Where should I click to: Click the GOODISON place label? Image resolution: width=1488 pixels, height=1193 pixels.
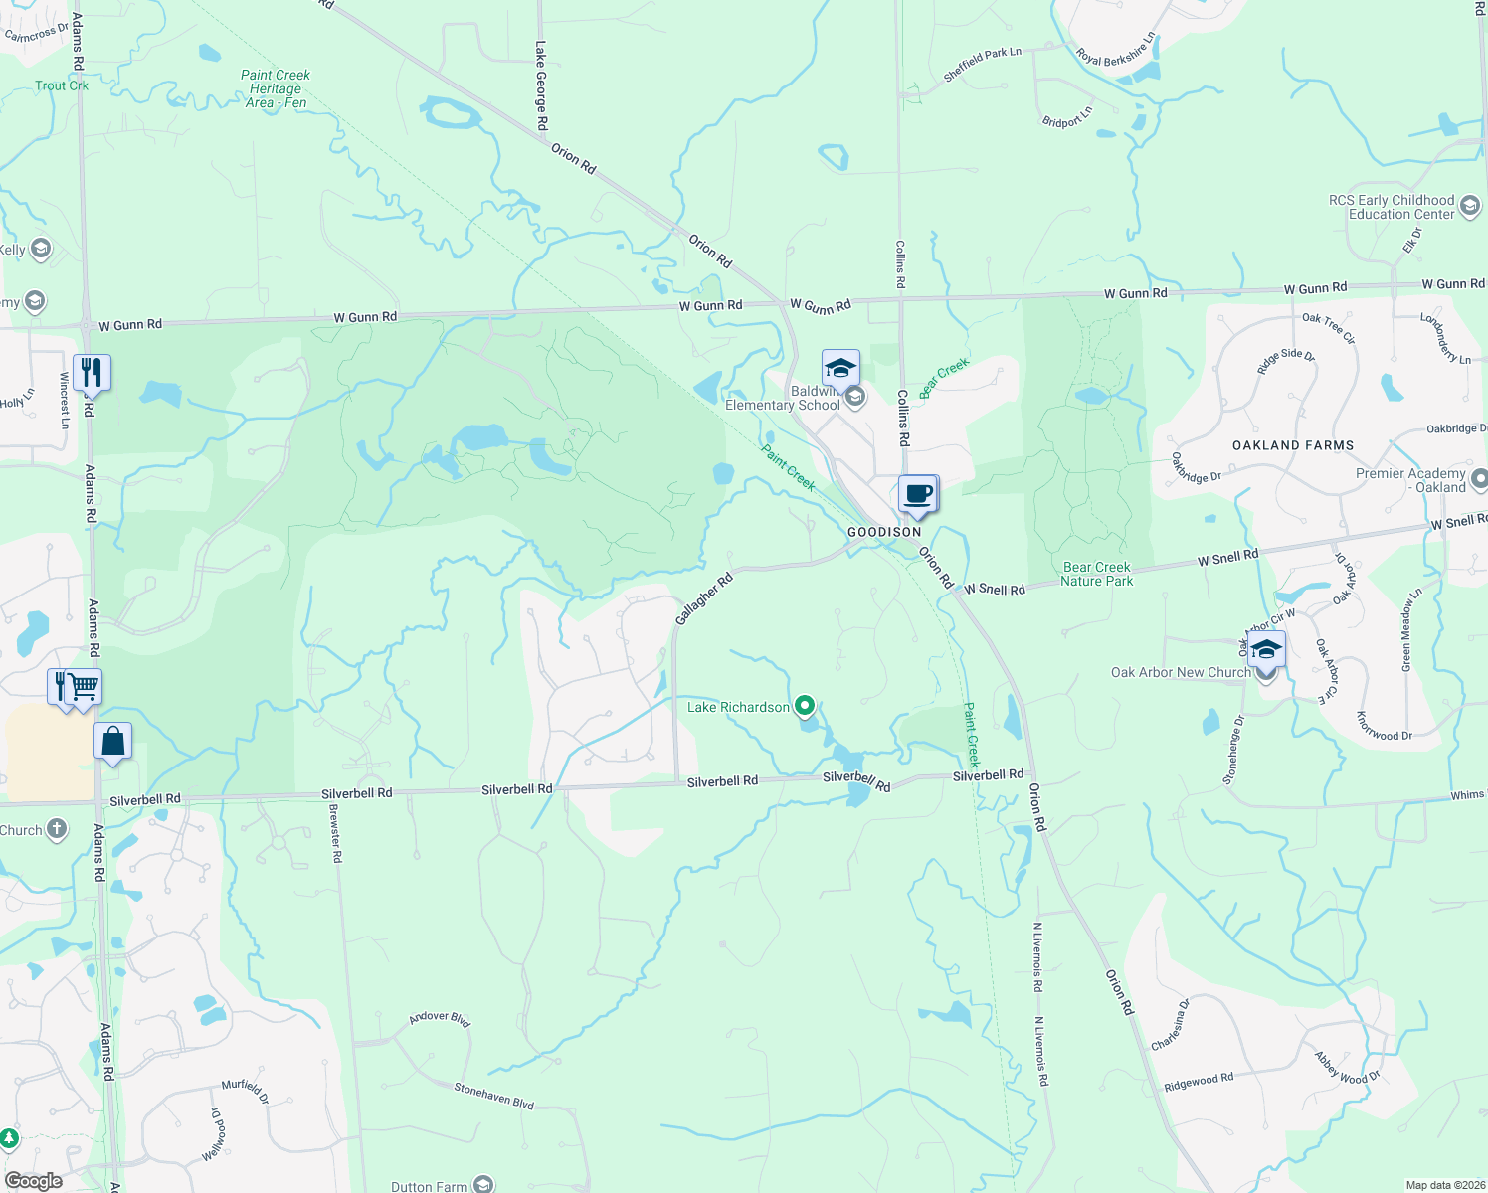click(884, 532)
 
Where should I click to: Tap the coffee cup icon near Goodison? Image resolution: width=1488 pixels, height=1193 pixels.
click(918, 494)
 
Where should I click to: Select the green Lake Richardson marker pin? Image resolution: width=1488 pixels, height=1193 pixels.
click(806, 707)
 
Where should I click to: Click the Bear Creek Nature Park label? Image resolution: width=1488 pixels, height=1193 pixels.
click(1097, 575)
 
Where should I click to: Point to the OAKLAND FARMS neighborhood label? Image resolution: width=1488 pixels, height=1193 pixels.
click(1293, 445)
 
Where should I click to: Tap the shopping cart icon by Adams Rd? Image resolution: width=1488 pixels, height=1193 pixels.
click(85, 686)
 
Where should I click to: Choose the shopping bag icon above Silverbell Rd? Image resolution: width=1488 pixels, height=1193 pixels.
click(113, 742)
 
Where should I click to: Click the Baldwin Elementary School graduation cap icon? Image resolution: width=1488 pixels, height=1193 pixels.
click(840, 368)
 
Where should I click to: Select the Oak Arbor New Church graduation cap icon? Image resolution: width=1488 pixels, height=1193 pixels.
click(1266, 649)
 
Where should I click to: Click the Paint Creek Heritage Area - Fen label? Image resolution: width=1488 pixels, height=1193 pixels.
click(276, 88)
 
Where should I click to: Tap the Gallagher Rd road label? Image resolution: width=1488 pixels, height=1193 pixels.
click(703, 598)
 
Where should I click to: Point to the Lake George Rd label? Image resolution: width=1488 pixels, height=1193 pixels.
click(541, 85)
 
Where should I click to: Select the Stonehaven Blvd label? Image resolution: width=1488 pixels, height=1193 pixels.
click(494, 1096)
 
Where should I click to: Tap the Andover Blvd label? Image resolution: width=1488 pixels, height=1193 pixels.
click(440, 1018)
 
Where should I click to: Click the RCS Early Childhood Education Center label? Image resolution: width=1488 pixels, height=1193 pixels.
click(1392, 207)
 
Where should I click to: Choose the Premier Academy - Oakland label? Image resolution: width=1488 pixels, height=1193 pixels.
click(1410, 480)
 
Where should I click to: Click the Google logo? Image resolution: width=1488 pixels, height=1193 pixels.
click(33, 1181)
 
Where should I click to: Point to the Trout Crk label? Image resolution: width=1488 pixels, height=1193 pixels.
click(62, 85)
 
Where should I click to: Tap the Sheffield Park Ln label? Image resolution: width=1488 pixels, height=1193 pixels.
click(983, 65)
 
